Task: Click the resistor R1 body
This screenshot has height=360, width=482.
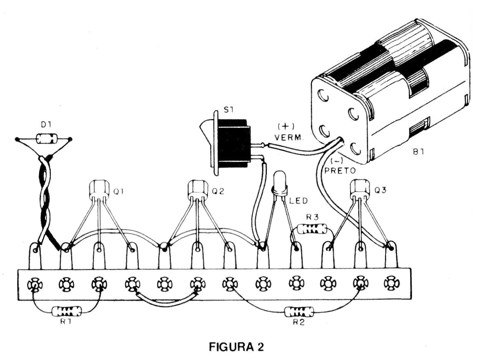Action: [x=62, y=310]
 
